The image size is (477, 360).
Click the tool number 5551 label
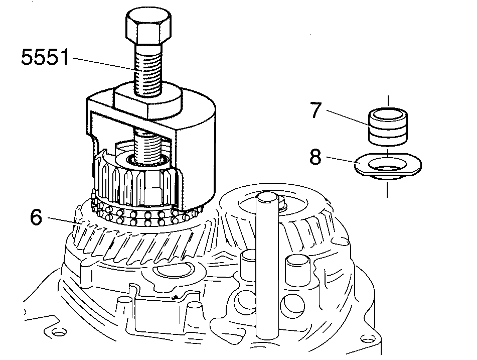(45, 57)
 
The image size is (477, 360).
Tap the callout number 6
(36, 217)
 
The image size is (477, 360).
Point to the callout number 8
(315, 157)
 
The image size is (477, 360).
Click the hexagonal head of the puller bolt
(148, 26)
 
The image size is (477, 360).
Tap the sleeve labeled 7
(388, 126)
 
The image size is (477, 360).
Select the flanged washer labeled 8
(388, 166)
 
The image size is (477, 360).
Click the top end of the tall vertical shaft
(267, 197)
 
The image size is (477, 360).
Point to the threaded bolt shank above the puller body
(148, 68)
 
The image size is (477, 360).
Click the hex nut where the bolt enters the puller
(148, 100)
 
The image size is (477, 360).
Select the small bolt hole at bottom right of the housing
(366, 338)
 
